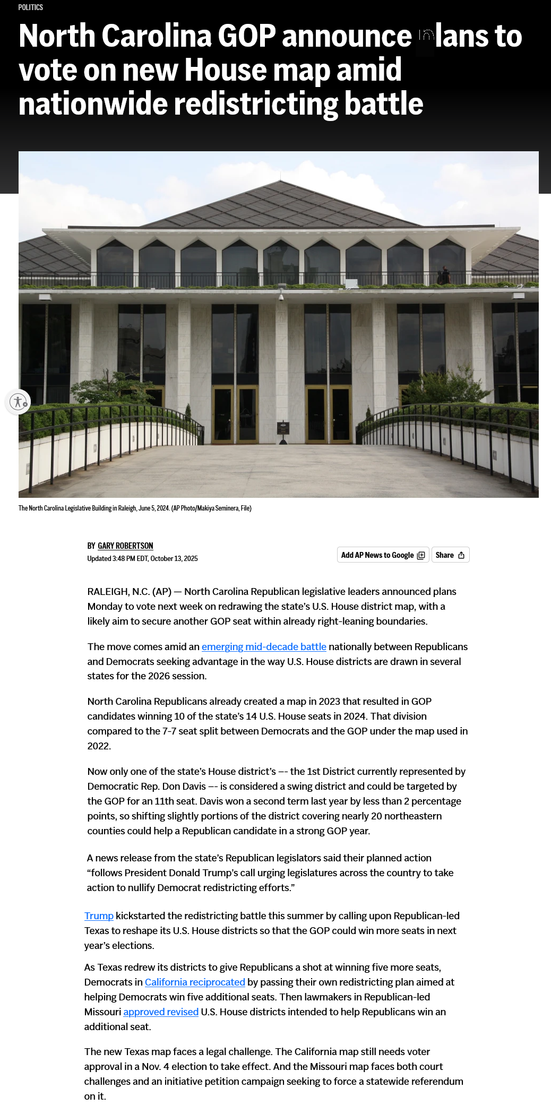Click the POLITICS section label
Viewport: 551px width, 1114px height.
30,7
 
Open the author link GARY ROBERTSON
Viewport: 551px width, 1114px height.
125,546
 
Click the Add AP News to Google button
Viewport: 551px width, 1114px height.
383,555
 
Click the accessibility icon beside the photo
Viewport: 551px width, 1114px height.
18,402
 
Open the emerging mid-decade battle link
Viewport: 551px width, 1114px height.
264,646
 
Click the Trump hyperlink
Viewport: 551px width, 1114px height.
99,916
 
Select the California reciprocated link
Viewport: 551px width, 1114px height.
195,982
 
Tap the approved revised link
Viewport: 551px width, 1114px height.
161,1012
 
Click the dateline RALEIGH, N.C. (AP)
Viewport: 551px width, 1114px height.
129,591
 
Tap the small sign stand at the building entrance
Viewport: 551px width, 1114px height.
283,430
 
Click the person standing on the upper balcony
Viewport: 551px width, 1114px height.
445,275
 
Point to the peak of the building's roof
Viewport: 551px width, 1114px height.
280,182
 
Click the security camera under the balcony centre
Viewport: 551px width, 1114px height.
281,297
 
